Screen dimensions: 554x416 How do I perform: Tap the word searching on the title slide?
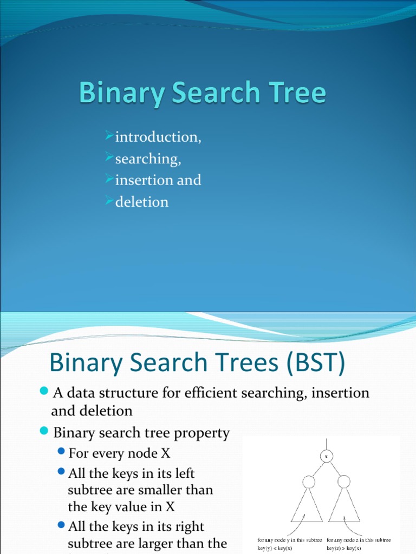click(147, 160)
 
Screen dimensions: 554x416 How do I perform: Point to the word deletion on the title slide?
click(141, 202)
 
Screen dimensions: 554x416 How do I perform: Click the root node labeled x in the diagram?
click(326, 456)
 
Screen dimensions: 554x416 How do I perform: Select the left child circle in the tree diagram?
click(308, 482)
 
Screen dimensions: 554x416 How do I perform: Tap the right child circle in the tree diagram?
click(343, 482)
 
